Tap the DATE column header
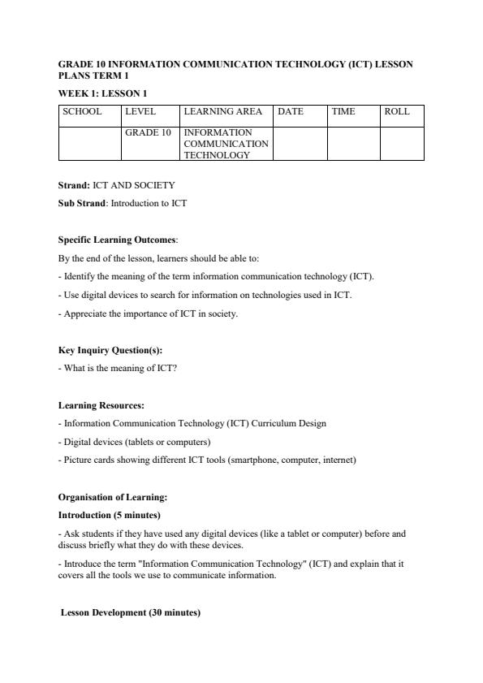[x=291, y=112]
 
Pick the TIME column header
[x=343, y=112]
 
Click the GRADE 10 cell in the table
[x=148, y=132]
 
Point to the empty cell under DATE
[x=300, y=143]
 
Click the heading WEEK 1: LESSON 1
[x=102, y=93]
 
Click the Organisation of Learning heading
[x=112, y=497]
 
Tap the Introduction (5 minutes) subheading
[x=109, y=515]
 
